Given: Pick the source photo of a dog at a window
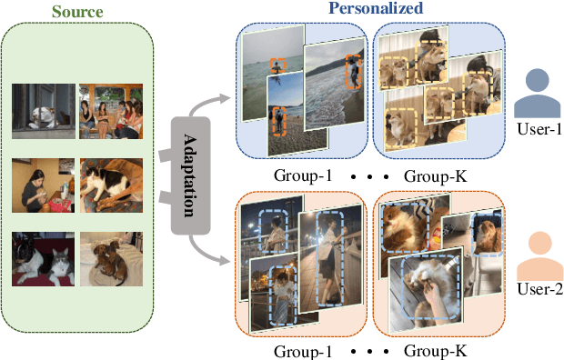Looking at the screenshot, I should [x=44, y=109].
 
